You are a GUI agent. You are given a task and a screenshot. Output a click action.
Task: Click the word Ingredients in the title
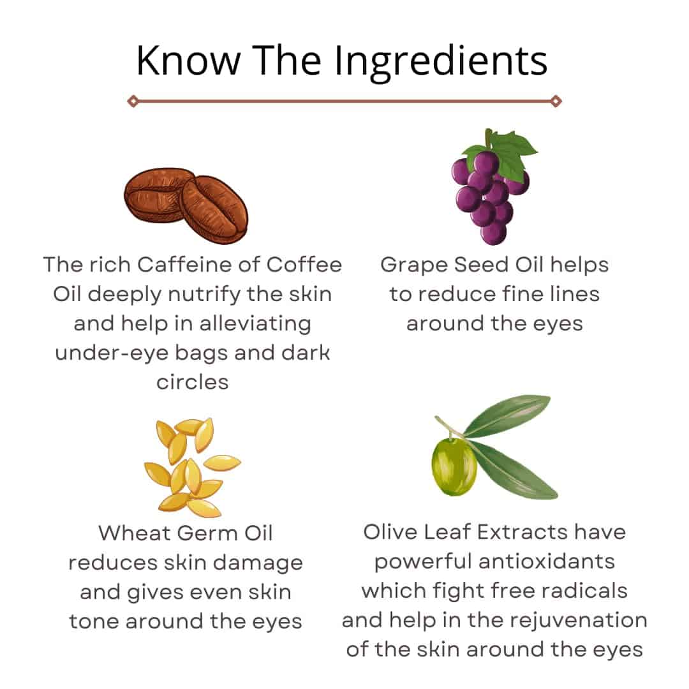tap(441, 62)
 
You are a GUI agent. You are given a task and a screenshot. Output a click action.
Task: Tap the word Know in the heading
tap(188, 60)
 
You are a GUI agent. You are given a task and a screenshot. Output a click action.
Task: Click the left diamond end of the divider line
tap(133, 101)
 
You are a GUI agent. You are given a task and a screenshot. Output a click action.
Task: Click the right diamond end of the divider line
tap(556, 101)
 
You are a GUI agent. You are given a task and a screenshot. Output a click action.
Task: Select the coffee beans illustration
tap(186, 205)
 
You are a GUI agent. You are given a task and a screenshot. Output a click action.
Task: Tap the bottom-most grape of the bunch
tap(493, 232)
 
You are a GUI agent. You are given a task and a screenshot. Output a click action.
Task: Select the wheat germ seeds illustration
tap(193, 467)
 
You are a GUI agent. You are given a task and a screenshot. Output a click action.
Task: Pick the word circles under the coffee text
tap(193, 382)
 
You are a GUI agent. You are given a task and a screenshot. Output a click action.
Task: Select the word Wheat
tap(135, 533)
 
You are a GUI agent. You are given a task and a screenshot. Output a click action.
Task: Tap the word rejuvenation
tap(578, 621)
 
